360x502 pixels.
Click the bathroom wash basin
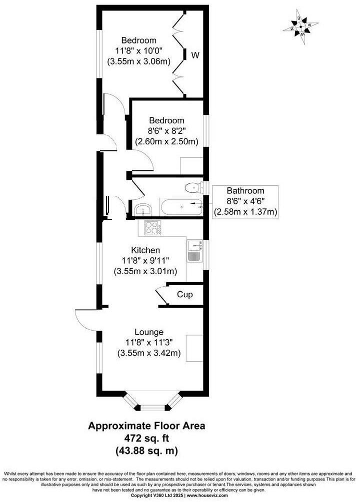[142, 208]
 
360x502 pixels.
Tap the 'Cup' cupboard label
[184, 295]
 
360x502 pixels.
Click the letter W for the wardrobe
[195, 56]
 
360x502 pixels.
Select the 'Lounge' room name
[148, 332]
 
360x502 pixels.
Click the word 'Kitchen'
[145, 250]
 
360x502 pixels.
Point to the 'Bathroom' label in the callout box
[245, 190]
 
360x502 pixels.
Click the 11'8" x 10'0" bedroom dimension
[138, 51]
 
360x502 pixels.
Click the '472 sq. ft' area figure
[147, 438]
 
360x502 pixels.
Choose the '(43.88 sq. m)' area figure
[147, 450]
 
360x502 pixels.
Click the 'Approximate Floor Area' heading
[147, 426]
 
